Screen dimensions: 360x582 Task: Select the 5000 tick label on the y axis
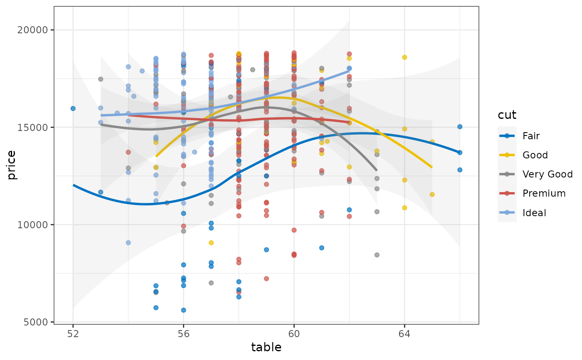coord(40,322)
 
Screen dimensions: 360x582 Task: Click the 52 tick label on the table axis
coord(73,333)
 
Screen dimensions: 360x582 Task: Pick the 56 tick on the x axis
coord(183,333)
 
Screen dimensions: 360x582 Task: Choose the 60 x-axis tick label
coord(294,333)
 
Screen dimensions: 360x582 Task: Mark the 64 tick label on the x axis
coord(404,333)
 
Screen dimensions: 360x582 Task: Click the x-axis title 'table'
coord(266,348)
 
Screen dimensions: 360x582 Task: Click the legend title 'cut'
coord(507,115)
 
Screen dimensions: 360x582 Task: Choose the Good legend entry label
coord(535,155)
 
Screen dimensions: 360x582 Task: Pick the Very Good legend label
coord(547,174)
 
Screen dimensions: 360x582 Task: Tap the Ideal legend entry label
coord(535,213)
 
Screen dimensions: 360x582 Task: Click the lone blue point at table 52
coord(73,108)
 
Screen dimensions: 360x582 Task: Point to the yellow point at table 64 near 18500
coord(404,57)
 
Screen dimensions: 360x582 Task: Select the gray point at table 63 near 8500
coord(377,255)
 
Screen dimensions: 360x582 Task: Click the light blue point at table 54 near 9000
coord(128,243)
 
